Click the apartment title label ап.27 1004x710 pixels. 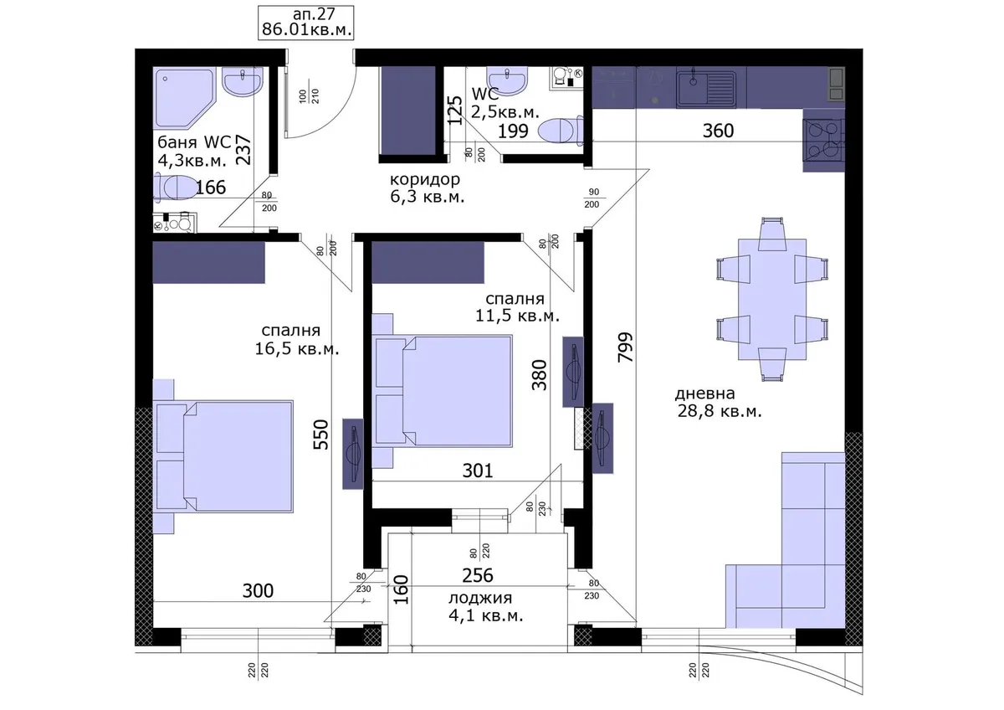[x=314, y=14]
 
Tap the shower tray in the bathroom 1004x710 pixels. [x=184, y=98]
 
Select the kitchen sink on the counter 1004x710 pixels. [x=706, y=90]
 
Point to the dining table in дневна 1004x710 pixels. [x=771, y=299]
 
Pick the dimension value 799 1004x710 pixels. [x=625, y=347]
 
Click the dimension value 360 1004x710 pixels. [x=718, y=131]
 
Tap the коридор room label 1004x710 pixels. [x=424, y=179]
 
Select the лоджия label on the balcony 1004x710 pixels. [x=480, y=598]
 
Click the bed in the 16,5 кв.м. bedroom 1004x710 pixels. [x=223, y=456]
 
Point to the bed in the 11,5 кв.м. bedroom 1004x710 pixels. [x=442, y=391]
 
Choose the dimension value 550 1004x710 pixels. [x=321, y=435]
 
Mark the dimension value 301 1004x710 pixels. [x=478, y=471]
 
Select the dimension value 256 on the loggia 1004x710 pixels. [x=478, y=575]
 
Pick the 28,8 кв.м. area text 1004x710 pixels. [x=720, y=411]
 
